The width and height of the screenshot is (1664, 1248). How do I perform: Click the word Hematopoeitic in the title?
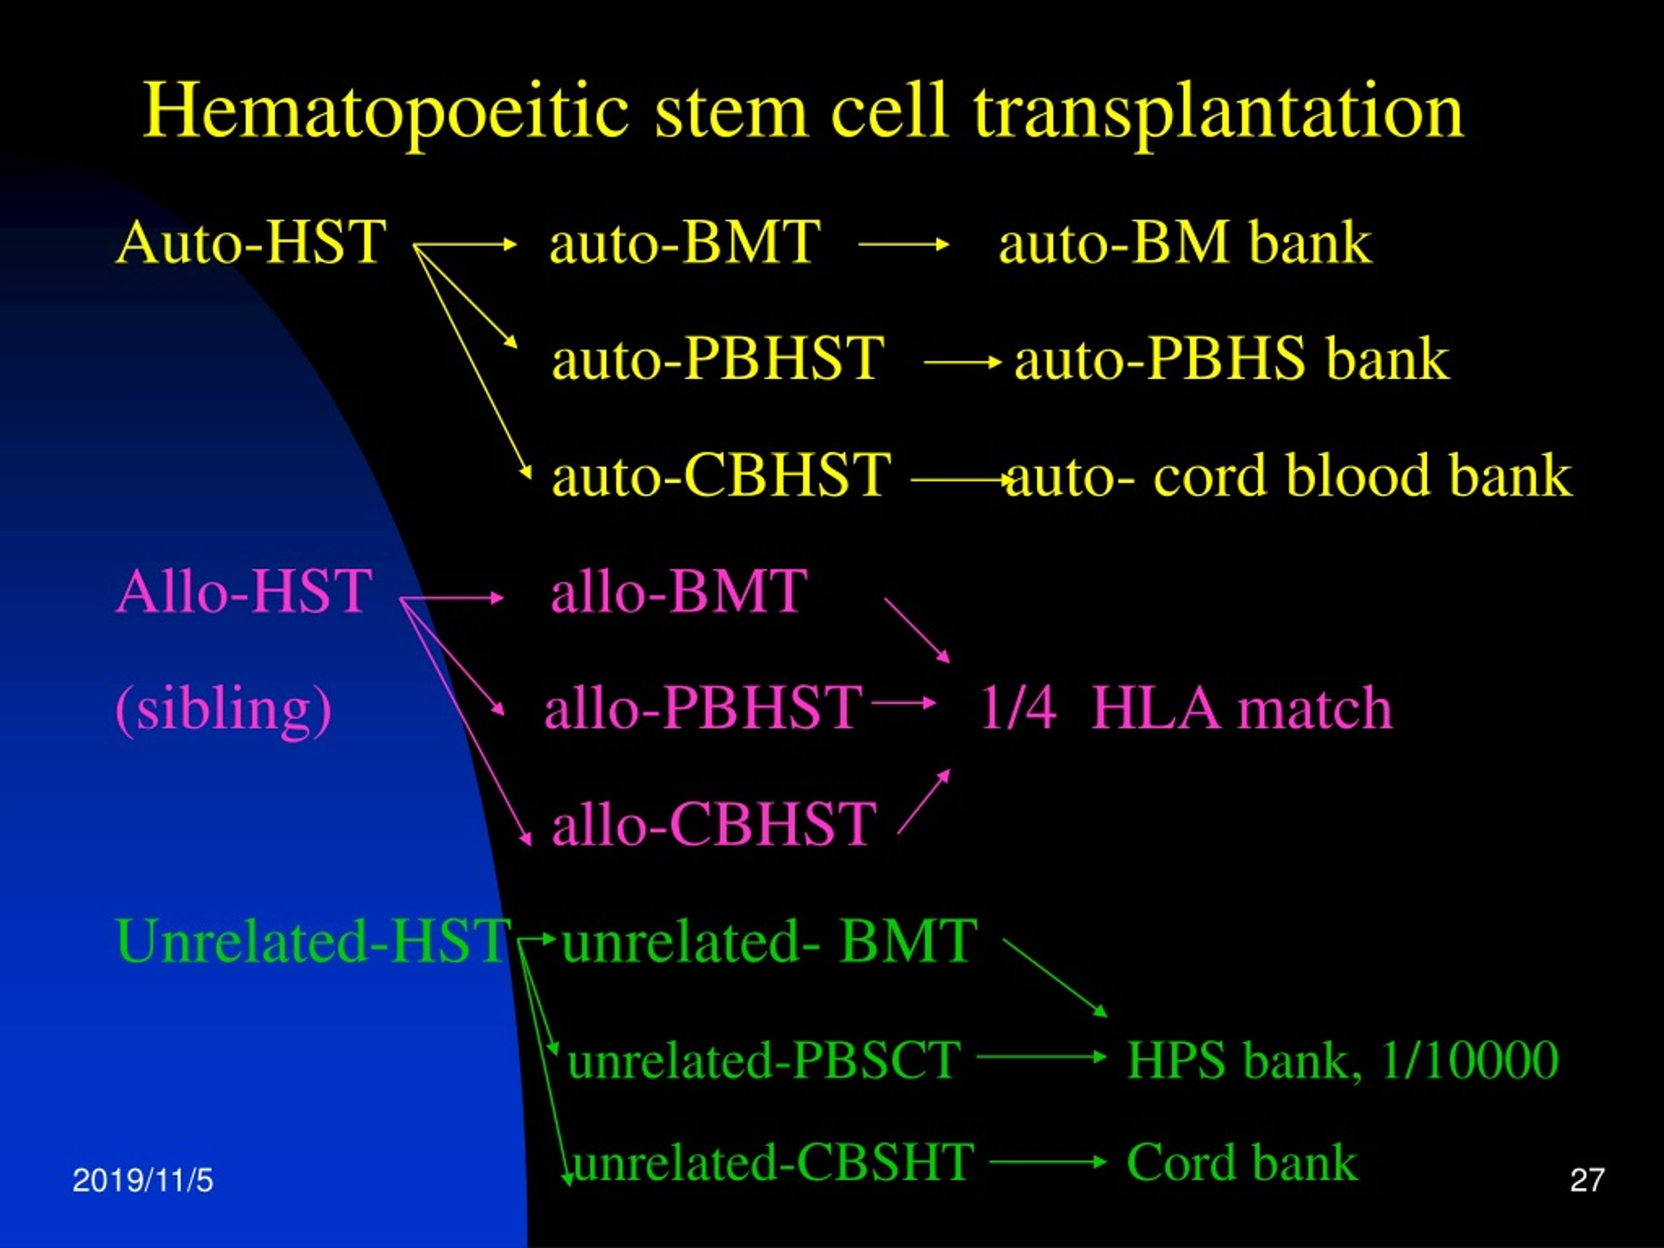[x=386, y=113]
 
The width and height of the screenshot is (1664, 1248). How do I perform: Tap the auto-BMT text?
[x=684, y=242]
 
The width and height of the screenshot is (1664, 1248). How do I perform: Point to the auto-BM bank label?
[x=1185, y=242]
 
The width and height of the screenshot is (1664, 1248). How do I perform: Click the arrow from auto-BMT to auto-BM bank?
[x=903, y=244]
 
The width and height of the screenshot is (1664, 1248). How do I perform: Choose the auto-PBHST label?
[x=718, y=358]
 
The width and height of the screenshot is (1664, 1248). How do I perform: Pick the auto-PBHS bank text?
[x=1232, y=358]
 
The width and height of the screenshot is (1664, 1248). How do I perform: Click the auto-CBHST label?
[x=721, y=474]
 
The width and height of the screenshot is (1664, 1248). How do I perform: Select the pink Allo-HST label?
[x=244, y=590]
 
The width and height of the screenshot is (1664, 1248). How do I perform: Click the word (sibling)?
[x=224, y=708]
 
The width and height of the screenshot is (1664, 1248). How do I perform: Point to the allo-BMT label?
[x=679, y=590]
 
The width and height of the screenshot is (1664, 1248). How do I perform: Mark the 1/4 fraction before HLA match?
[x=1018, y=708]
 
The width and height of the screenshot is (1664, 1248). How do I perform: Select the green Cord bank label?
[x=1242, y=1162]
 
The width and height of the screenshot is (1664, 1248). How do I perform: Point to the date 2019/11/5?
[x=143, y=1180]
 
